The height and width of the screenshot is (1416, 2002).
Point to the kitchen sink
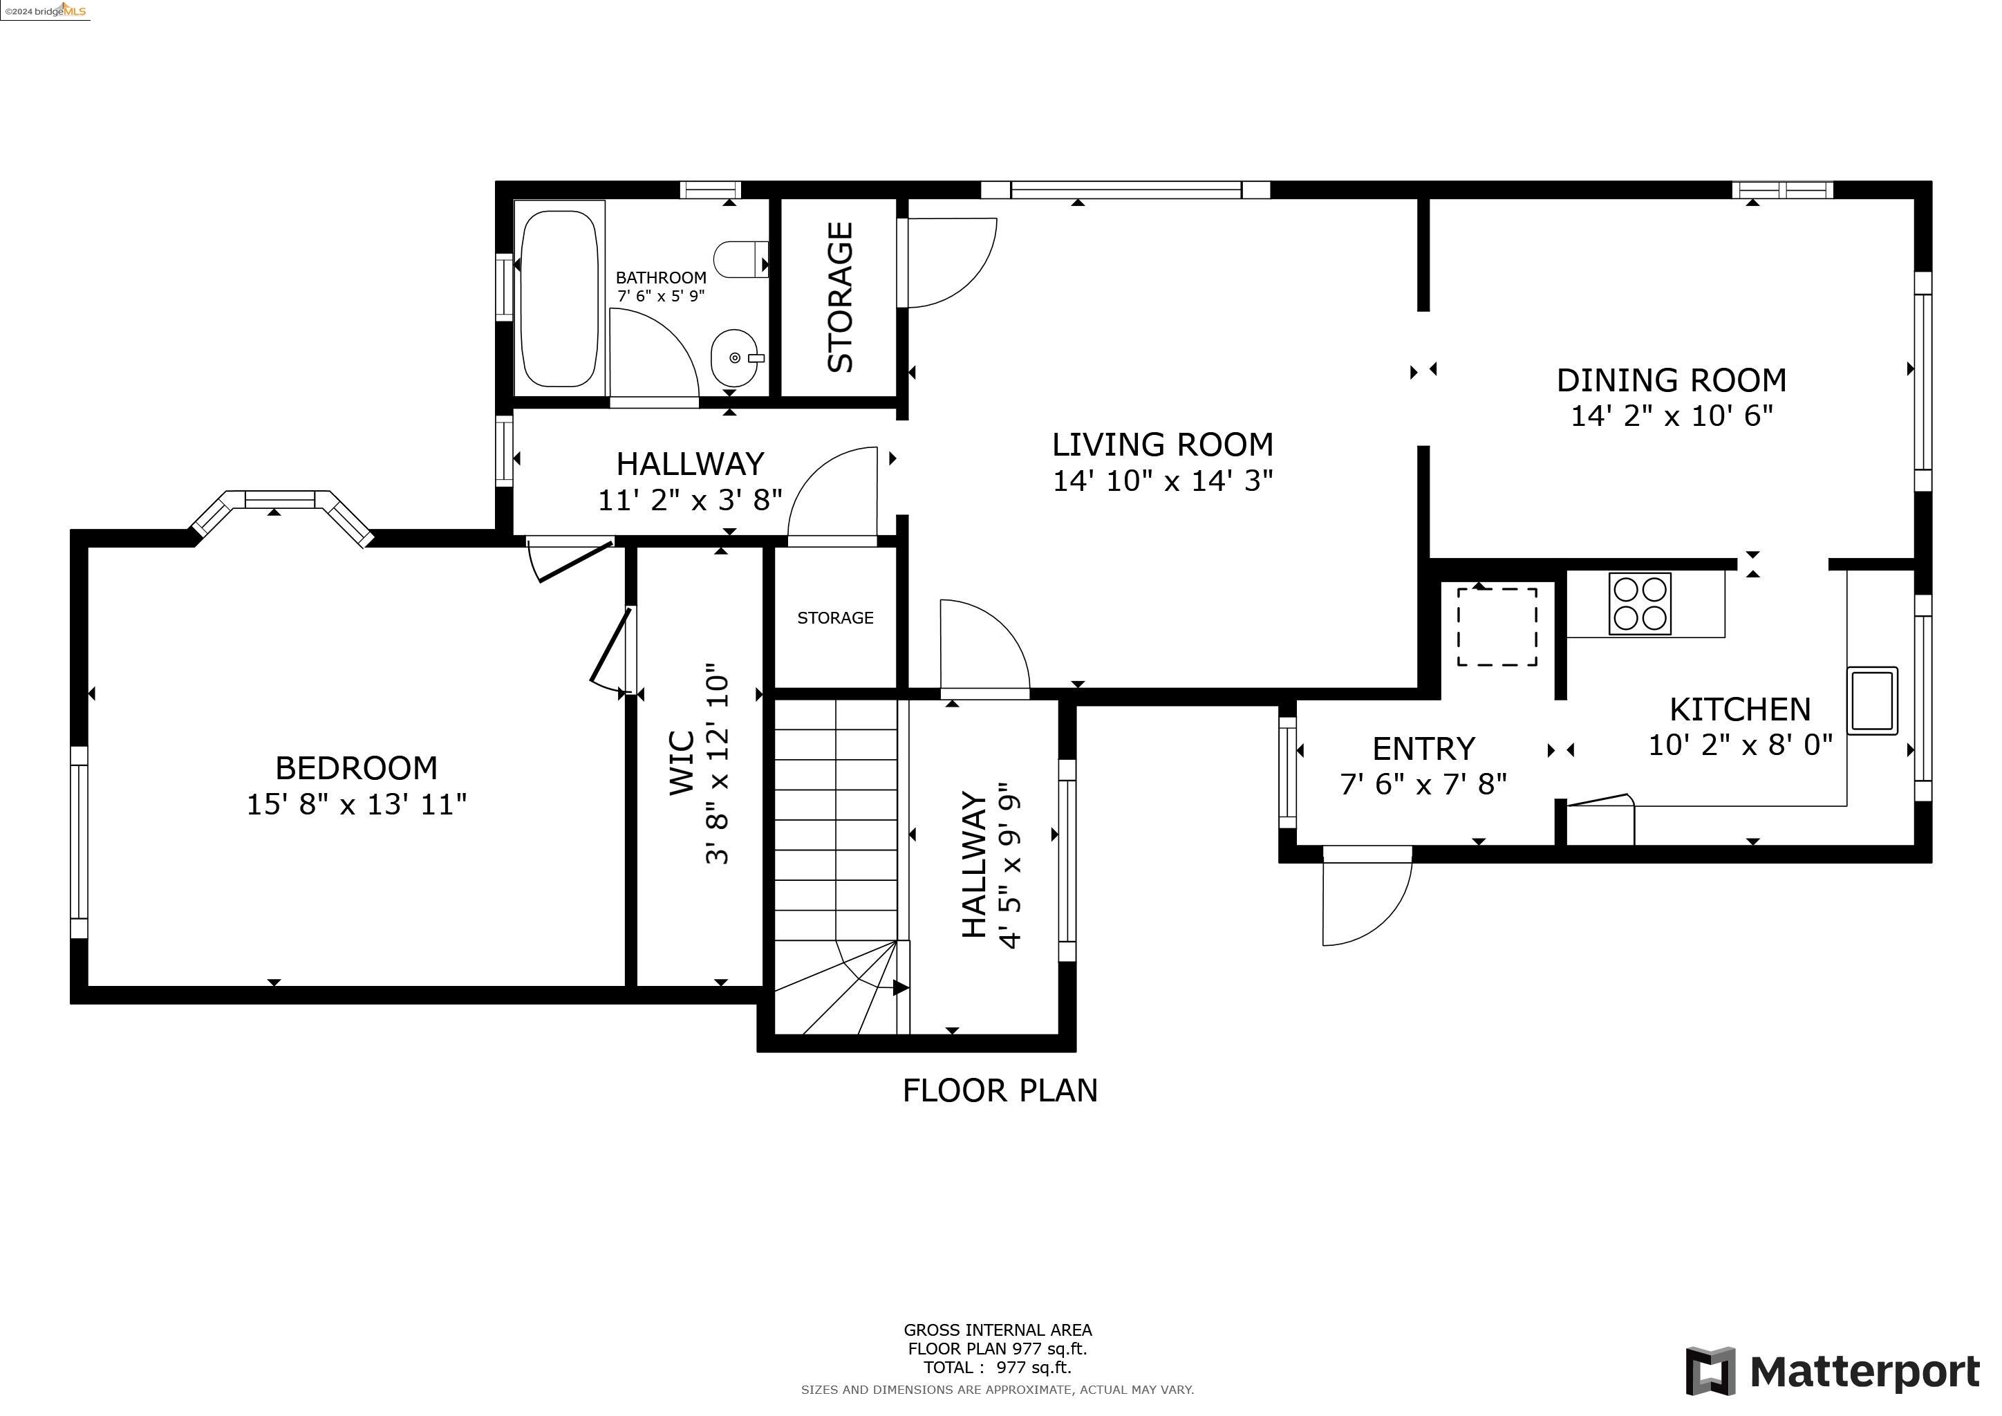pyautogui.click(x=1872, y=700)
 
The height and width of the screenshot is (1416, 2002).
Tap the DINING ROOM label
pyautogui.click(x=1672, y=380)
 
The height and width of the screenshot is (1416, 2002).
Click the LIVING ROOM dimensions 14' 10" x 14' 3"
pyautogui.click(x=1163, y=481)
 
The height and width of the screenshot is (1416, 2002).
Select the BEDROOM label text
pyautogui.click(x=357, y=768)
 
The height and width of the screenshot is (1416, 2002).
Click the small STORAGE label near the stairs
pyautogui.click(x=835, y=618)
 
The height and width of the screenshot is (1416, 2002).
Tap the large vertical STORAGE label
pyautogui.click(x=840, y=297)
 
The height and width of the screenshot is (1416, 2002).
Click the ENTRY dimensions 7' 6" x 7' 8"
pyautogui.click(x=1424, y=785)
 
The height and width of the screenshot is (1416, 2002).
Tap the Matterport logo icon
pyautogui.click(x=1711, y=1370)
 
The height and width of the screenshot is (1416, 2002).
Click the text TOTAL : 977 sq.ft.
pyautogui.click(x=998, y=1367)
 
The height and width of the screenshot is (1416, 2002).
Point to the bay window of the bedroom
pyautogui.click(x=281, y=514)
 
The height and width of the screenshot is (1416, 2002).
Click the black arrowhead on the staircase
pyautogui.click(x=901, y=988)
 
